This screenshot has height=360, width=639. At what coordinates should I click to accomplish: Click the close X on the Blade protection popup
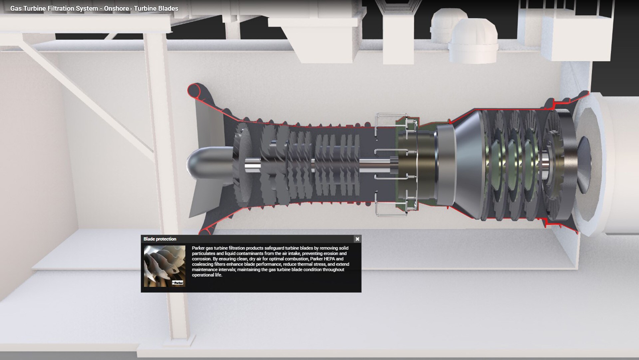pyautogui.click(x=357, y=239)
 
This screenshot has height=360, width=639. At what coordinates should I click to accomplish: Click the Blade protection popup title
pyautogui.click(x=160, y=239)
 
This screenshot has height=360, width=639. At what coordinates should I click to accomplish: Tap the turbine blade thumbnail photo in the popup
pyautogui.click(x=164, y=266)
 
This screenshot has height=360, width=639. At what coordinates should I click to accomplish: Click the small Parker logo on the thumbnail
pyautogui.click(x=178, y=283)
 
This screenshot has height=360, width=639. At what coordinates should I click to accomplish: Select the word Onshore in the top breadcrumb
pyautogui.click(x=116, y=8)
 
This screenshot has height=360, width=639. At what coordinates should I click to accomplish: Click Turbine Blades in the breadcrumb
pyautogui.click(x=156, y=8)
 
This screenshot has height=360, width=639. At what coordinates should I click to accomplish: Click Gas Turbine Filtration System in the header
pyautogui.click(x=54, y=8)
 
